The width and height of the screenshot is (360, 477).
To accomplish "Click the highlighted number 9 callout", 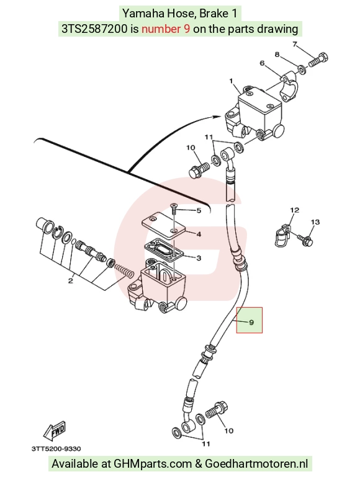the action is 251,322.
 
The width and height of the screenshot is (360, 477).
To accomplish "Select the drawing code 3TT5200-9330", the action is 56,448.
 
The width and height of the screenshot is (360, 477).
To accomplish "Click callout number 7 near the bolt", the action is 295,45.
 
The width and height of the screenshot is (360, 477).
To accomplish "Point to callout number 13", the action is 315,222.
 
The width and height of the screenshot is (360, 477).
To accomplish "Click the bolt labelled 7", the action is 318,60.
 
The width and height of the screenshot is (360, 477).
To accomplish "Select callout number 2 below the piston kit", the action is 70,280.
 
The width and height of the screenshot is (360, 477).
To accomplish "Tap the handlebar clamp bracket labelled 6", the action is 289,87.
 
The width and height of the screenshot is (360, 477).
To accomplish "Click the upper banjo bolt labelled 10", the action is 199,170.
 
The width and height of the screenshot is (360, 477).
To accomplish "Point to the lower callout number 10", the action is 228,430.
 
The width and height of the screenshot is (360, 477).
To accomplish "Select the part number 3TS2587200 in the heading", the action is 94,29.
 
